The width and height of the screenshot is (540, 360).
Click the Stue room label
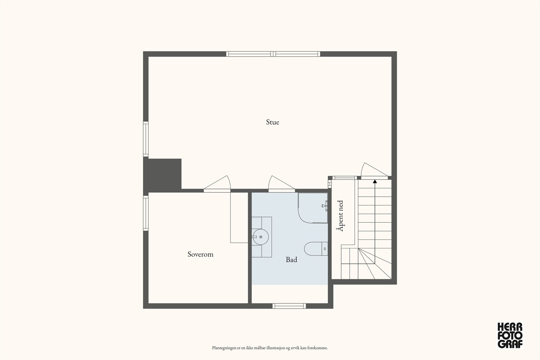click(272, 122)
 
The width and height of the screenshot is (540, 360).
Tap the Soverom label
click(200, 254)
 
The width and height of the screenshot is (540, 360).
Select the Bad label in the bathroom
click(291, 259)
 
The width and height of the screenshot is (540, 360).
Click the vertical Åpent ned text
click(340, 216)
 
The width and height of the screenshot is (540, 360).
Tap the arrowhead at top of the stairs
click(375, 182)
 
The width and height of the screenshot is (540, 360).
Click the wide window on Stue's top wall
click(273, 54)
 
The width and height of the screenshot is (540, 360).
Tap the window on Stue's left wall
click(145, 139)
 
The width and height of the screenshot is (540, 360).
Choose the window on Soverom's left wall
click(145, 213)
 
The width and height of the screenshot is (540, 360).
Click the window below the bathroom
click(289, 306)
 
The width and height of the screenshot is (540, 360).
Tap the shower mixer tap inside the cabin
click(325, 205)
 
